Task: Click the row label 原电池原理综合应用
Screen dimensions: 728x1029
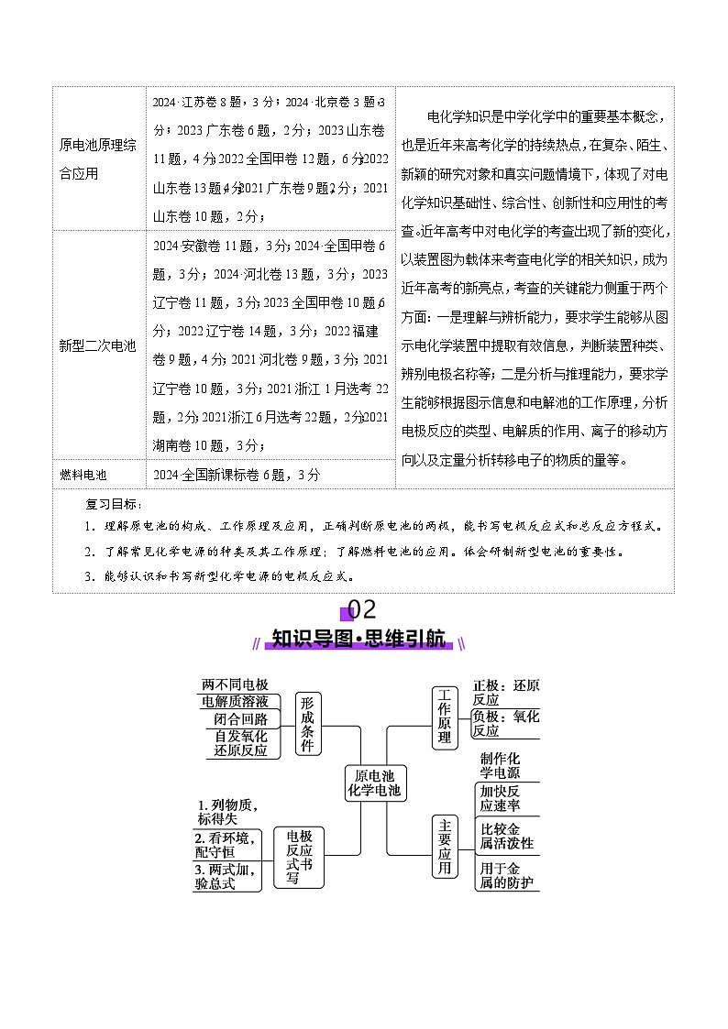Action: [97, 159]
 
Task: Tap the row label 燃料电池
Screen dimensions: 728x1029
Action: [83, 475]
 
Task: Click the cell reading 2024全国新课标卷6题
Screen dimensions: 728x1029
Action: [237, 475]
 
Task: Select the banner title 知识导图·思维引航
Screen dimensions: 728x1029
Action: [363, 639]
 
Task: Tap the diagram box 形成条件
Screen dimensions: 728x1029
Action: [309, 724]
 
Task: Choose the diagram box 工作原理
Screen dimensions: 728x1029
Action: [445, 717]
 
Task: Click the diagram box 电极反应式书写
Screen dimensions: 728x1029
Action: [299, 857]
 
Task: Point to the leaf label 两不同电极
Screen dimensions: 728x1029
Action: [235, 684]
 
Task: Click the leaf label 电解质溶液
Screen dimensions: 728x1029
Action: [235, 702]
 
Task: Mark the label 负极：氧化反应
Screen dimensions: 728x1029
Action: [505, 724]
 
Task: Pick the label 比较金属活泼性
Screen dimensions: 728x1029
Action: [507, 836]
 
